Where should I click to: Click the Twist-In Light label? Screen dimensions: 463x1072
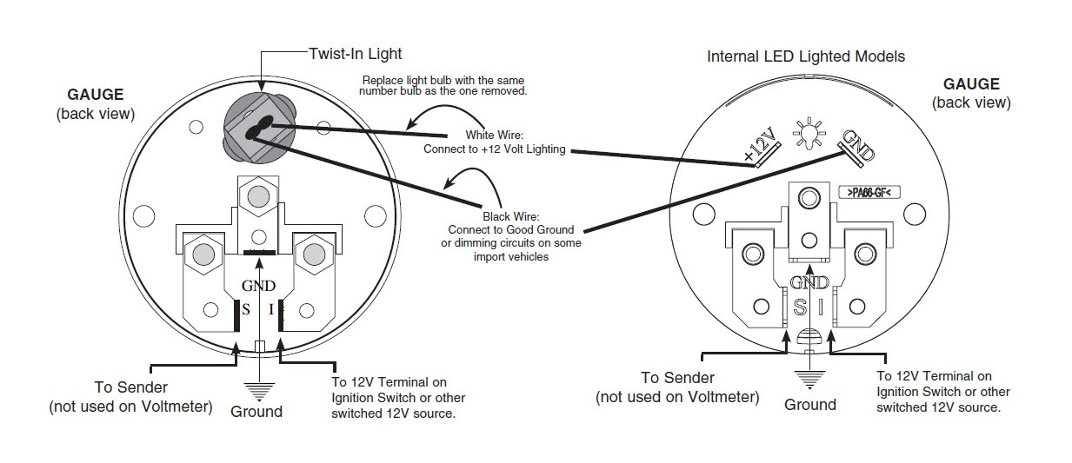pyautogui.click(x=355, y=54)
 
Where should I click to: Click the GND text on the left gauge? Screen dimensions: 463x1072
pyautogui.click(x=258, y=286)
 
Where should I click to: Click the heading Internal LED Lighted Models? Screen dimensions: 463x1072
pyautogui.click(x=805, y=56)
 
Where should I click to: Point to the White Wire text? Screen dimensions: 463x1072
pyautogui.click(x=493, y=136)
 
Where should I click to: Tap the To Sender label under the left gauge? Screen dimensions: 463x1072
pyautogui.click(x=130, y=387)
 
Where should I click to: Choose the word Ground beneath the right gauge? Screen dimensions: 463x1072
pyautogui.click(x=809, y=405)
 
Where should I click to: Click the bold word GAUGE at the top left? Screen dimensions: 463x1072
pyautogui.click(x=96, y=95)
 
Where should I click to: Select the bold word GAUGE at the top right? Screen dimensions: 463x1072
pyautogui.click(x=971, y=84)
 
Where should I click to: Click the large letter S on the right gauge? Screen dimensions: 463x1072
pyautogui.click(x=799, y=307)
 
